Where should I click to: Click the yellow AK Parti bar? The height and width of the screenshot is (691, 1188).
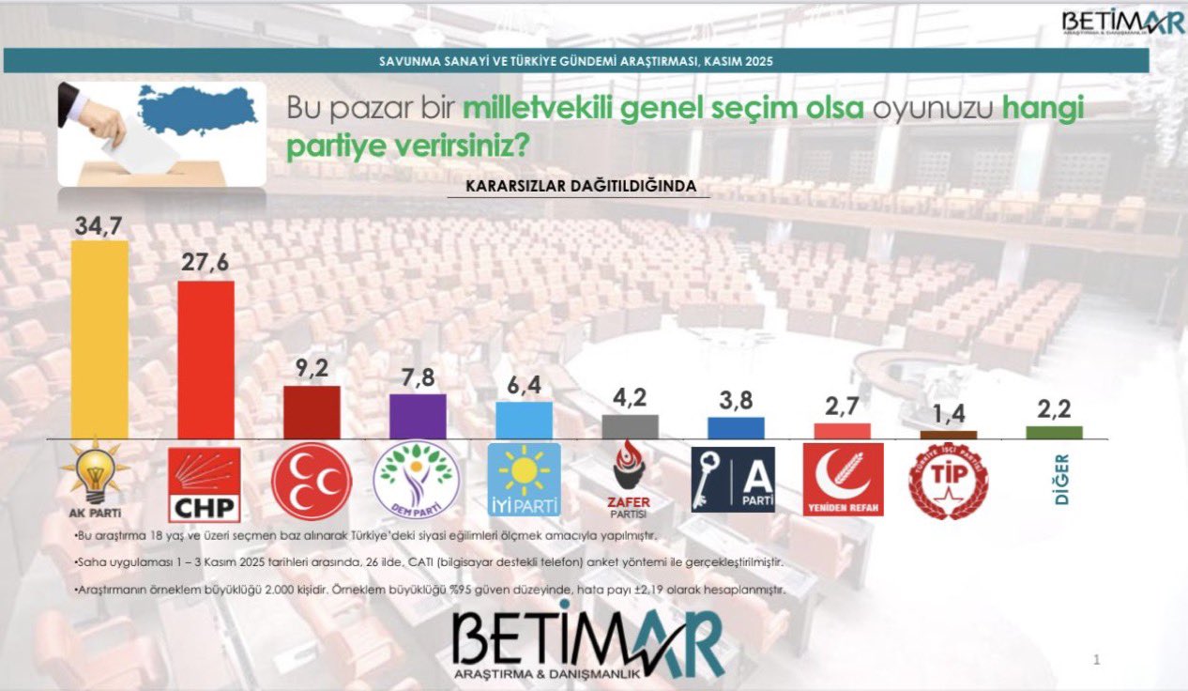pos(99,340)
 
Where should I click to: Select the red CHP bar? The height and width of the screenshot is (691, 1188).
pos(206,360)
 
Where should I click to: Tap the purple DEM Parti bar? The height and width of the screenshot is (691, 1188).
pos(417,416)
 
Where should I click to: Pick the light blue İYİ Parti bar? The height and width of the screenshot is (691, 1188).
pos(524,420)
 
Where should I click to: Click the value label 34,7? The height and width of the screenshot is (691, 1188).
pos(99,224)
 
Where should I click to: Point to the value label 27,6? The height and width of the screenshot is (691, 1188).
pos(206,264)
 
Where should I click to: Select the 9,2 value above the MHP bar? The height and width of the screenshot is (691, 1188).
pos(311,370)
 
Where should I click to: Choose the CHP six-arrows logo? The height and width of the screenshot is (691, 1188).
pos(205,484)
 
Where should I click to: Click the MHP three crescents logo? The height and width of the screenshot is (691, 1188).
pos(312,482)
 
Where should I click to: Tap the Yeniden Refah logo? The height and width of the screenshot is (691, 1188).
pos(843,480)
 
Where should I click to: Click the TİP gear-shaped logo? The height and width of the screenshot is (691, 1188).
pos(948,481)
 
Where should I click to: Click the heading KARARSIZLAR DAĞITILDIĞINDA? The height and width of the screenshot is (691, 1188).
pos(581,186)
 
